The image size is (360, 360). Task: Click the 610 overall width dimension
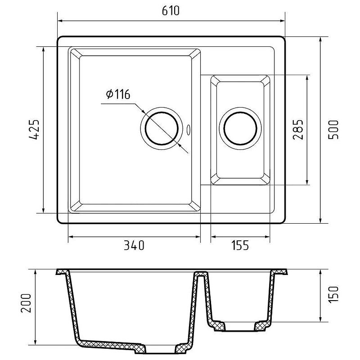coord(171,11)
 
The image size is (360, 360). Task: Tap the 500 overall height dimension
coord(333,130)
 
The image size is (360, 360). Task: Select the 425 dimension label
coord(35,130)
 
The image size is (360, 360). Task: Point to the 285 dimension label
coord(298,130)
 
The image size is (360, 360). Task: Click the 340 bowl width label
coord(134,245)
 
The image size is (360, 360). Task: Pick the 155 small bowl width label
coord(240,245)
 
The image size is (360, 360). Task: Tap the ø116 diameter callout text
coord(118,94)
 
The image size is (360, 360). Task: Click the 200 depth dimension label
coord(26,303)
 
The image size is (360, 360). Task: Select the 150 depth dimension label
coord(333,295)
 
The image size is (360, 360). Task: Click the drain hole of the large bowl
coord(162,128)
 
